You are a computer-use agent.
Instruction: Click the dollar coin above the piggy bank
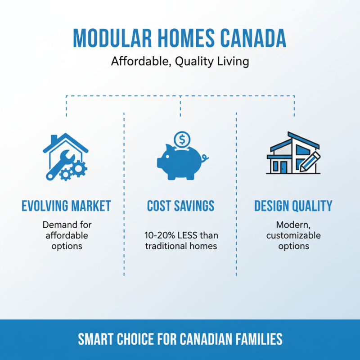click(182, 139)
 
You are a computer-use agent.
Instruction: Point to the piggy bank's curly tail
click(205, 158)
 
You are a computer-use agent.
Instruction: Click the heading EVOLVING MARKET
click(66, 206)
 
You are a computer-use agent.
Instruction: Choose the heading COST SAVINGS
click(180, 206)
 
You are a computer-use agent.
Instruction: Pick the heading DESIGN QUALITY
click(293, 206)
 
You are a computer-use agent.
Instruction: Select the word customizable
click(293, 235)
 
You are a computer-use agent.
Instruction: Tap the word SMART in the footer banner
click(96, 339)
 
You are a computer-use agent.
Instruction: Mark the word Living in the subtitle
click(232, 61)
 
